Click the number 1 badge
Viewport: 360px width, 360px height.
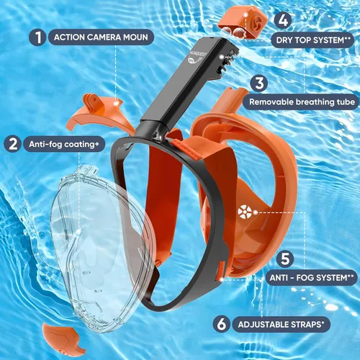click(x=37, y=37)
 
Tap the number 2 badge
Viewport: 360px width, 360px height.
click(x=13, y=144)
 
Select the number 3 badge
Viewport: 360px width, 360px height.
click(x=259, y=83)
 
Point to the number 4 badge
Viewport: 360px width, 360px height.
click(x=283, y=20)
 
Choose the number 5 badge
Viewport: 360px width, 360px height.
click(x=285, y=258)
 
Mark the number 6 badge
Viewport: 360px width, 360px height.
click(x=221, y=324)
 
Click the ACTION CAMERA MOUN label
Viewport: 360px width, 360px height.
click(x=101, y=37)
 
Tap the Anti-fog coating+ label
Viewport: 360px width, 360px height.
click(x=64, y=144)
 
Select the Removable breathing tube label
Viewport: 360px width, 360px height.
click(x=302, y=102)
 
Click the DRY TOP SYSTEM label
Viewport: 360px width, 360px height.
click(x=312, y=40)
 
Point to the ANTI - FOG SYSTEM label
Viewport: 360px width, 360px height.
click(x=311, y=278)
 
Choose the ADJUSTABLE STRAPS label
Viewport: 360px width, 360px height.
click(x=281, y=325)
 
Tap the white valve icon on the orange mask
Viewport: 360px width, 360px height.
click(x=245, y=212)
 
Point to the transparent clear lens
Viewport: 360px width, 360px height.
click(x=101, y=247)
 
